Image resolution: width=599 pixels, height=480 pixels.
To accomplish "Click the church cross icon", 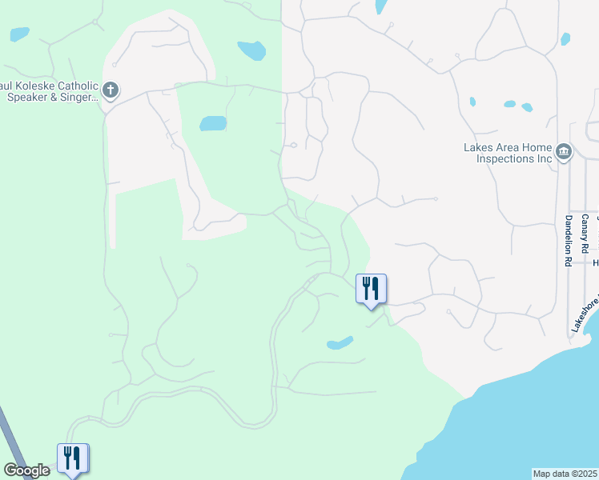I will point(111,90).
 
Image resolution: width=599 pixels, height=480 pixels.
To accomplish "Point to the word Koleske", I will point(32,86).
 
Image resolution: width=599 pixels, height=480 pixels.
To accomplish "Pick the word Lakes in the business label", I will point(478,147).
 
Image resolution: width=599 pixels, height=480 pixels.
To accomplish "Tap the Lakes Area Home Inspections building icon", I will point(563,152).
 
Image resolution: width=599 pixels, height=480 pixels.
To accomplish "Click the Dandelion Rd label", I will point(567,240).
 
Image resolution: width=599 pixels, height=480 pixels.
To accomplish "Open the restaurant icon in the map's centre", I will point(371,288).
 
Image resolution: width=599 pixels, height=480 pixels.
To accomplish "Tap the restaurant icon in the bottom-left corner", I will point(73,458).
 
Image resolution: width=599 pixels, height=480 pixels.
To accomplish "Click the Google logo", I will point(26,470).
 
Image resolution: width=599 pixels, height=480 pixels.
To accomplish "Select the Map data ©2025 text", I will point(565,474).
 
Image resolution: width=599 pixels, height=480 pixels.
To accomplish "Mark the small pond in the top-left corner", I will point(18,34).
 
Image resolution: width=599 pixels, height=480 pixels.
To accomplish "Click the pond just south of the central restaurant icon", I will point(340,343).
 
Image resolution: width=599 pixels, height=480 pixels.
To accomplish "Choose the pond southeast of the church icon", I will point(213,123).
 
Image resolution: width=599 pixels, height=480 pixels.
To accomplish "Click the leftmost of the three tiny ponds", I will point(472,102).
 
